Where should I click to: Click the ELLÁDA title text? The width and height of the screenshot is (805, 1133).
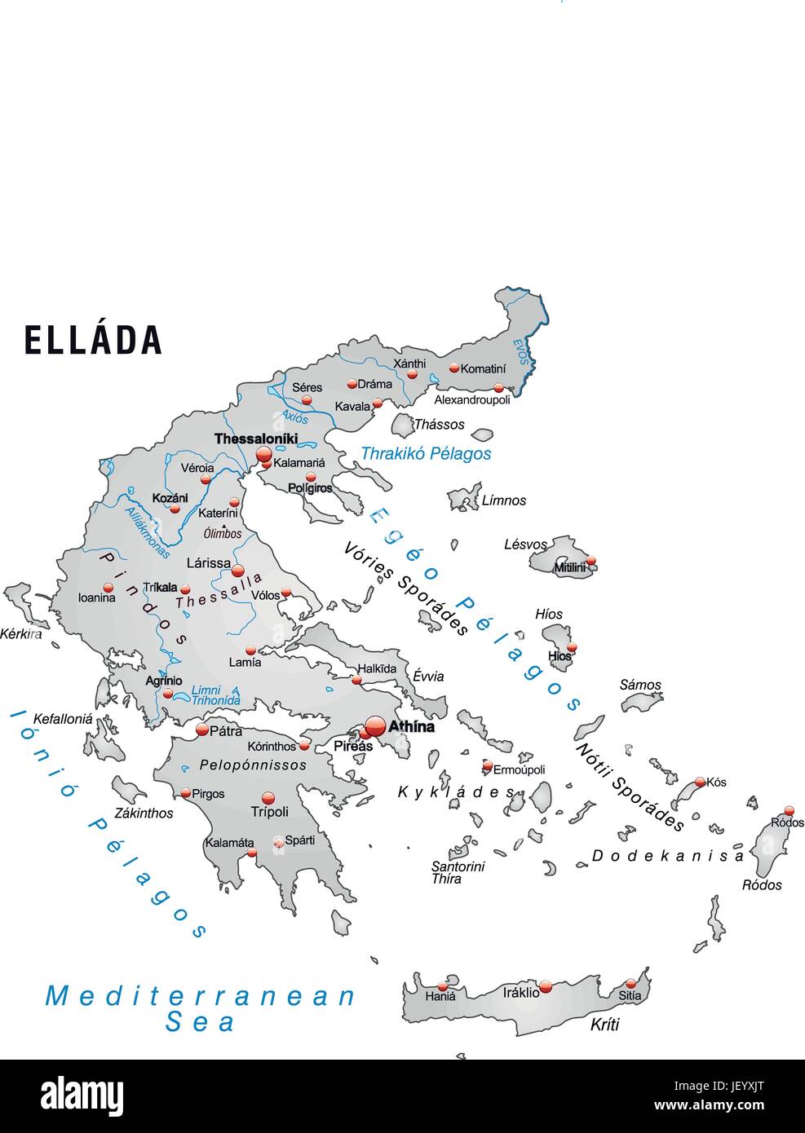(92, 340)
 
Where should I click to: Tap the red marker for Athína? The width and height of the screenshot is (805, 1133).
(375, 725)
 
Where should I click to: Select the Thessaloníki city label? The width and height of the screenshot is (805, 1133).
(255, 439)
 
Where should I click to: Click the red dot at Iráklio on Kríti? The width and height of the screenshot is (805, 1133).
(546, 987)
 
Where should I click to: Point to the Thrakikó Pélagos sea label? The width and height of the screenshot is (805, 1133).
(426, 453)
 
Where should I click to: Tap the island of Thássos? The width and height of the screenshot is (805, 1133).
(403, 425)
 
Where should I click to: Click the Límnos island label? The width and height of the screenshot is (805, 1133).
(503, 500)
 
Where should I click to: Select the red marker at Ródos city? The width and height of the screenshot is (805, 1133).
(789, 810)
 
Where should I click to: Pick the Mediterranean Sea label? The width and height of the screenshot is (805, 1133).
(201, 1008)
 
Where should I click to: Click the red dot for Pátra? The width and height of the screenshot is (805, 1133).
(202, 730)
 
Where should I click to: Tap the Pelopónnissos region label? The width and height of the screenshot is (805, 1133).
(253, 765)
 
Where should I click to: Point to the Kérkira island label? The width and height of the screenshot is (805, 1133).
(20, 633)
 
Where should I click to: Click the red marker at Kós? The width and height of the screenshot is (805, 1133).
(700, 782)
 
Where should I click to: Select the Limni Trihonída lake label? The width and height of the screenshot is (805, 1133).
(215, 695)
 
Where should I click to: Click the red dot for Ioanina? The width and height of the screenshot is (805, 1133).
(108, 587)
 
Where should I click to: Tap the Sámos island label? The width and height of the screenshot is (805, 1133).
(640, 685)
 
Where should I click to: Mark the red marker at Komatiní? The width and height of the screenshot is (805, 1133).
(453, 368)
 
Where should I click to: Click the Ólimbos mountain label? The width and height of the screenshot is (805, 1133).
(223, 534)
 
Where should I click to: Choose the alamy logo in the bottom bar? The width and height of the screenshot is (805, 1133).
(82, 1096)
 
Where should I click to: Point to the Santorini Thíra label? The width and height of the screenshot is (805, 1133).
(458, 872)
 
